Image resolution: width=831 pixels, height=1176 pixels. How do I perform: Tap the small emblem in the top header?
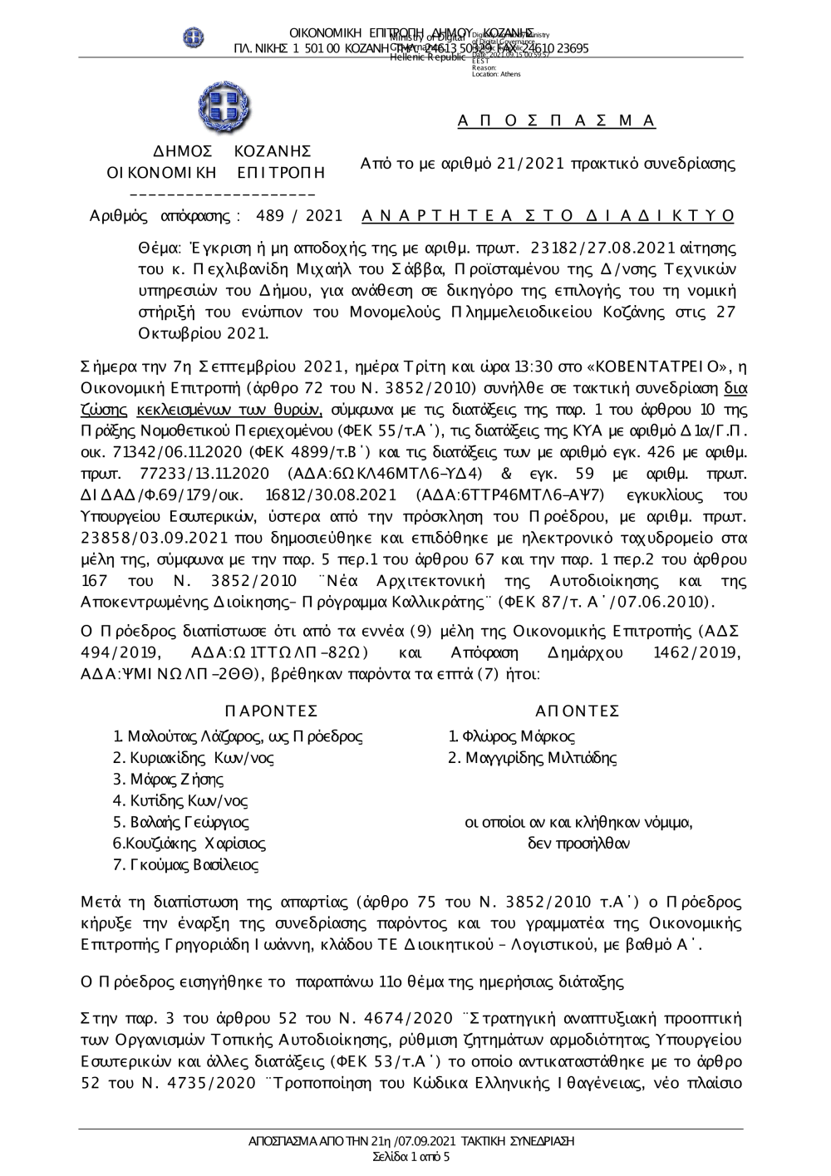tap(194, 37)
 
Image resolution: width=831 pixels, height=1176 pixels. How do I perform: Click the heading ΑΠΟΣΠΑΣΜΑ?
tap(557, 121)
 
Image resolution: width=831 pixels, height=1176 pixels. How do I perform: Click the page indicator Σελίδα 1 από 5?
tap(412, 1156)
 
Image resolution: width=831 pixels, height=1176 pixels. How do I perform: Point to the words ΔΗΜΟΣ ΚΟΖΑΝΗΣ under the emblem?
tap(234, 151)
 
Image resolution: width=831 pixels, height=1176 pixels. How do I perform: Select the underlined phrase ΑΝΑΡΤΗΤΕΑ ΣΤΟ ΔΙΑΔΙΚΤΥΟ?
tap(548, 216)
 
